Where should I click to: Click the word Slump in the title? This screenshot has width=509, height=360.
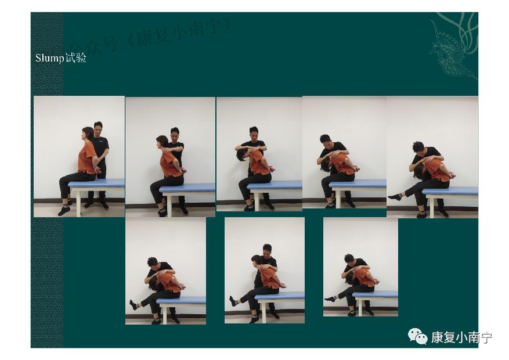point(50,58)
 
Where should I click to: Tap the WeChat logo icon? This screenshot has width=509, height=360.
point(417,336)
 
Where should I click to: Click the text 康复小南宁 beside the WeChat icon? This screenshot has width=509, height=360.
point(461,337)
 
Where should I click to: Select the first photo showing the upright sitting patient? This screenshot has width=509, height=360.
point(79,156)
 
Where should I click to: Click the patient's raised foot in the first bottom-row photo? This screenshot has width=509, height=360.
point(133,305)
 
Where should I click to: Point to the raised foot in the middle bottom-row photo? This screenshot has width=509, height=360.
point(233,301)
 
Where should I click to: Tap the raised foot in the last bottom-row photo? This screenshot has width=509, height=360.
point(330,298)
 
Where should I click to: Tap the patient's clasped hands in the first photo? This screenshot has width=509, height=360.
point(98,170)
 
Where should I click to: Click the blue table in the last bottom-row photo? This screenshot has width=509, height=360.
point(376,294)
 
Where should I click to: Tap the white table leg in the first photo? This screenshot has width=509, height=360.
point(78,202)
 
